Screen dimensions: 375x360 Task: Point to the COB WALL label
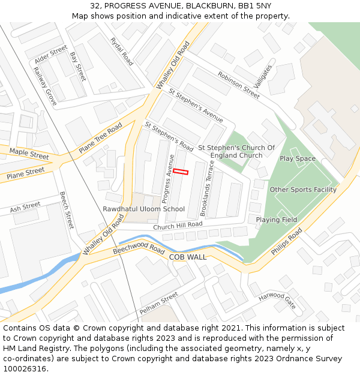pyautogui.click(x=188, y=257)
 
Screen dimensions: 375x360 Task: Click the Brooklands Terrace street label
pyautogui.click(x=207, y=188)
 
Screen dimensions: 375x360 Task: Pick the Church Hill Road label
pyautogui.click(x=178, y=226)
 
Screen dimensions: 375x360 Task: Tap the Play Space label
pyautogui.click(x=298, y=158)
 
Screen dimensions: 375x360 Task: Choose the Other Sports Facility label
pyautogui.click(x=303, y=190)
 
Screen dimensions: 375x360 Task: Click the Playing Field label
pyautogui.click(x=277, y=220)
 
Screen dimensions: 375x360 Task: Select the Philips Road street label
pyautogui.click(x=286, y=242)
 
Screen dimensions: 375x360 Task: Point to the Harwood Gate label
pyautogui.click(x=278, y=300)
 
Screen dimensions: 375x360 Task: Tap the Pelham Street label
pyautogui.click(x=159, y=303)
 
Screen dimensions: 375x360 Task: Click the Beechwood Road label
pyautogui.click(x=139, y=249)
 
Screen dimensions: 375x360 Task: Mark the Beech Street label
pyautogui.click(x=66, y=210)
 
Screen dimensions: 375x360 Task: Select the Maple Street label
pyautogui.click(x=29, y=154)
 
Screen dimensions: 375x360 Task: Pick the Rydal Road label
pyautogui.click(x=122, y=51)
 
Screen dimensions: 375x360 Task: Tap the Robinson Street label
pyautogui.click(x=239, y=85)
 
